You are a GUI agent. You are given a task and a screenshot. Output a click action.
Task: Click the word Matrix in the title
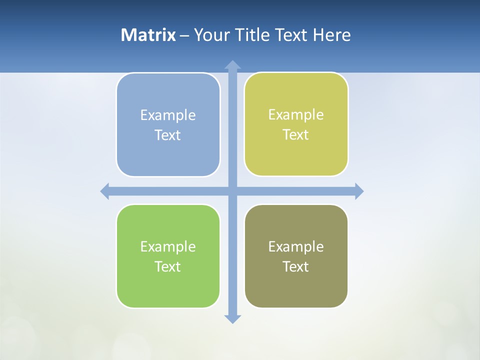click(148, 35)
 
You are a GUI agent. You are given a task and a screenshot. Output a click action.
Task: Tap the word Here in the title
click(331, 35)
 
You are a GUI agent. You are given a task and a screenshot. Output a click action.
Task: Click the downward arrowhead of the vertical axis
click(232, 318)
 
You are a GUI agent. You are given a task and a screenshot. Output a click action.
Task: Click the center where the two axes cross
click(232, 191)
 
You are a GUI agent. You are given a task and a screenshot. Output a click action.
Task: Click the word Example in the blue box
click(168, 115)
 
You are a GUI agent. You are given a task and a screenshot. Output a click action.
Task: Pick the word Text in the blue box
click(168, 135)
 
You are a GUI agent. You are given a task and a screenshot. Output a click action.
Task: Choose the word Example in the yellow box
click(296, 115)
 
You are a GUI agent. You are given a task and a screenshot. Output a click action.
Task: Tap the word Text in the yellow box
click(296, 135)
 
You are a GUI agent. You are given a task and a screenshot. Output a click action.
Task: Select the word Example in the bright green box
click(168, 247)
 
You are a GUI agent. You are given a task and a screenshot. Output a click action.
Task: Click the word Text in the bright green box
click(168, 267)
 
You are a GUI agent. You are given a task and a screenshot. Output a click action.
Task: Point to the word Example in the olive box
click(296, 247)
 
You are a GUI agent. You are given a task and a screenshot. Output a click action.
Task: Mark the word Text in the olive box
click(296, 267)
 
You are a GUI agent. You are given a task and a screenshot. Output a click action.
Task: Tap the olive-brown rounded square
click(296, 290)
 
